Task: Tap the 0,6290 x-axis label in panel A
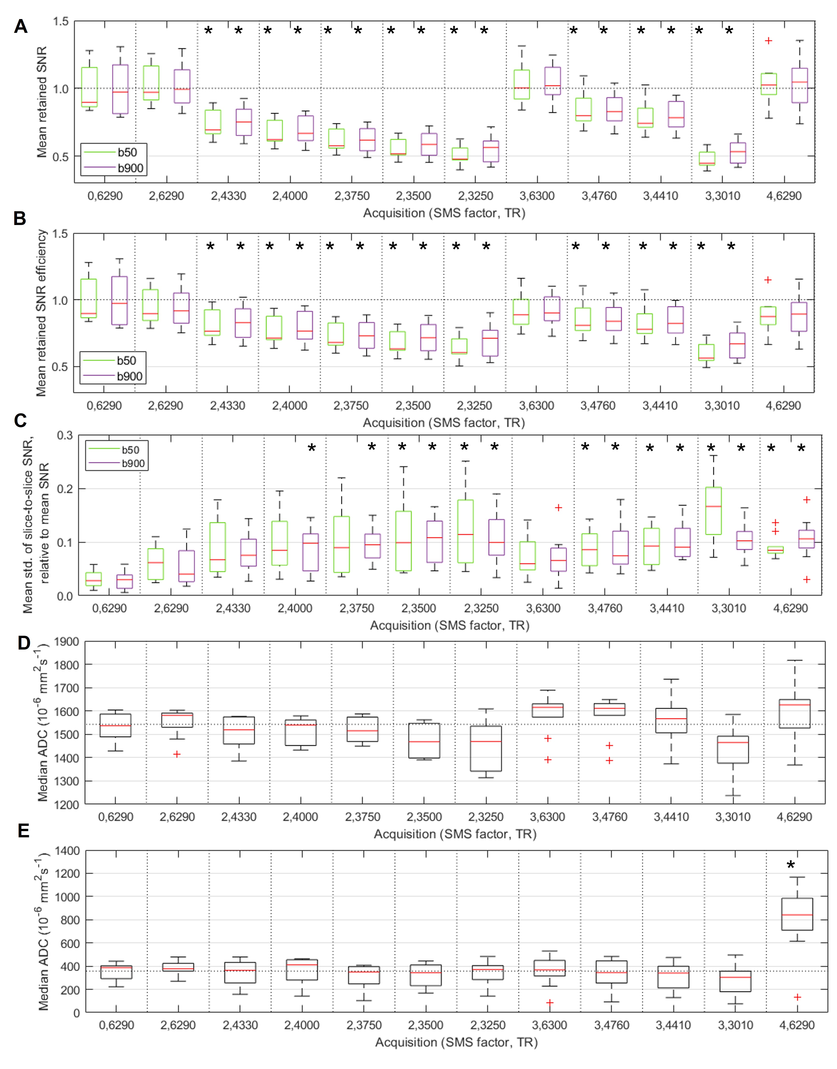tap(105, 196)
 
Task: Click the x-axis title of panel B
tap(443, 423)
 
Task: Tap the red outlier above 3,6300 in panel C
tap(558, 508)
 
